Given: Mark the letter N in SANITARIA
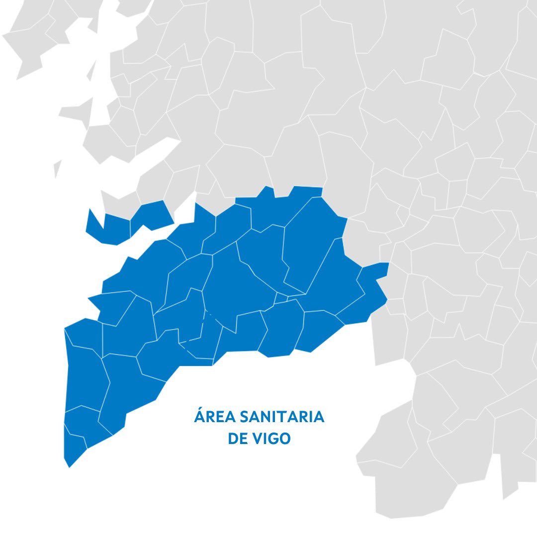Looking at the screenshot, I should [268, 417].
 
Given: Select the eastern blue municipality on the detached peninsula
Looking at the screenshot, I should [152, 214].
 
